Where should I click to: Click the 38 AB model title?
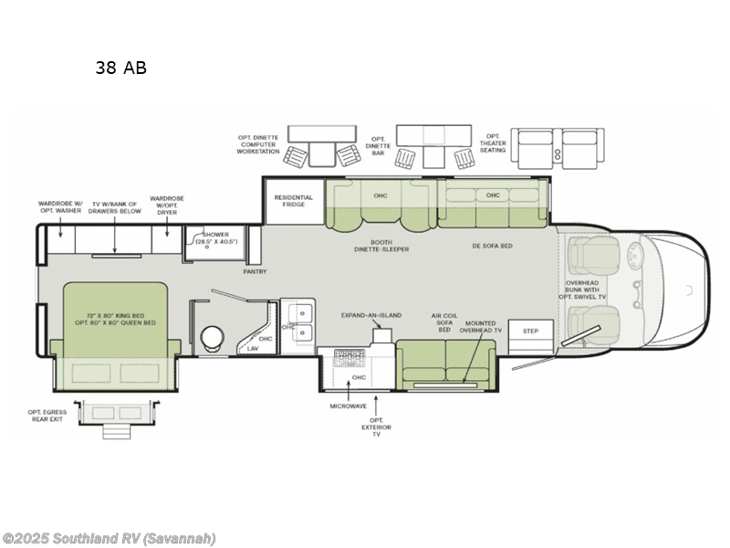[120, 67]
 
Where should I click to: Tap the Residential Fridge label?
[294, 202]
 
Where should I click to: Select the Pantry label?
[255, 271]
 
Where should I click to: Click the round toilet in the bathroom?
[211, 337]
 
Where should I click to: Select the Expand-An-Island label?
[371, 315]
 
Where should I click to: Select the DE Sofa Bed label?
[491, 245]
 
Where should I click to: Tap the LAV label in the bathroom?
[253, 348]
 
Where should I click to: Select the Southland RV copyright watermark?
[109, 538]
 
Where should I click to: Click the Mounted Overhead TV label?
[480, 329]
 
